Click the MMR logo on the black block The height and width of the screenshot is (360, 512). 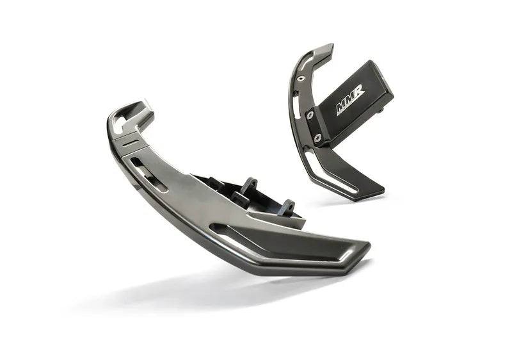[350, 101]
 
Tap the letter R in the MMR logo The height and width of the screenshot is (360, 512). [359, 94]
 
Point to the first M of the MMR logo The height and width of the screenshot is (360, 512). [342, 108]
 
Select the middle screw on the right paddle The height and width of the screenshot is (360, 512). [310, 116]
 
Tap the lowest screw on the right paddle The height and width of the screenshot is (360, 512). [318, 137]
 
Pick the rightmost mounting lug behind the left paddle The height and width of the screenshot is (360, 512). [286, 207]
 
